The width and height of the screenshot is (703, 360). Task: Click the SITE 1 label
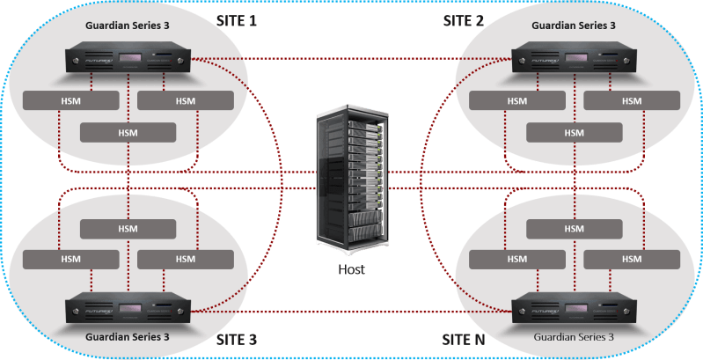tap(237, 19)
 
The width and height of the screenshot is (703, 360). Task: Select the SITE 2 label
tap(463, 19)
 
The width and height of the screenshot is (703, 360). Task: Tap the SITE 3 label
tap(237, 340)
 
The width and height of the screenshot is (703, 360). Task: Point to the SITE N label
tap(464, 340)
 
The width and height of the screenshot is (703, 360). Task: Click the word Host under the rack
tap(352, 269)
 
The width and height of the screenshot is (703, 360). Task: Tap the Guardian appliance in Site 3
tap(128, 309)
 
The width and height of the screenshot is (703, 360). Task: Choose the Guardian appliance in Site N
tap(574, 309)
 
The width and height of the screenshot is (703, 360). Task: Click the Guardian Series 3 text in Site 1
tap(127, 25)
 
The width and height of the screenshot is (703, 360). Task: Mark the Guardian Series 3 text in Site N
tap(573, 337)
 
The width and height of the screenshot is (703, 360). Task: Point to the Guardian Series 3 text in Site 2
tap(573, 25)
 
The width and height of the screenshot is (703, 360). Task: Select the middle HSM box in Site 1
tap(128, 133)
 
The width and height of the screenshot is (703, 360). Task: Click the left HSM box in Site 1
tap(70, 100)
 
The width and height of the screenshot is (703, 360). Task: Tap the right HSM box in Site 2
tap(632, 100)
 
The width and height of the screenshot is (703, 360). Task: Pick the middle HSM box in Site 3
tap(128, 228)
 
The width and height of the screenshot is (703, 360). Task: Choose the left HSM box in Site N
tap(517, 260)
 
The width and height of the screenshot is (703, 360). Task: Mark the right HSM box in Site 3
tap(186, 260)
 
